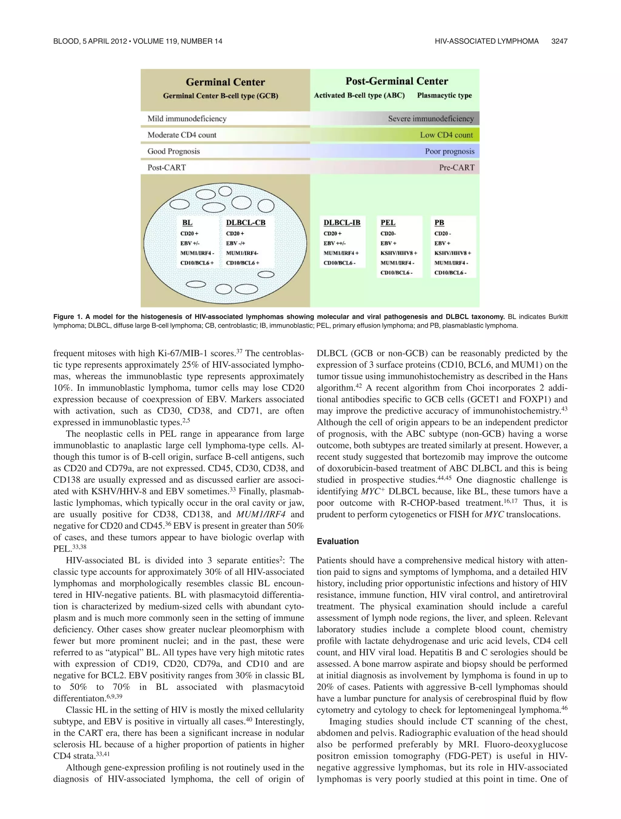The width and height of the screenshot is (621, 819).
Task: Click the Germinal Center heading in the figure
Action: (x=225, y=82)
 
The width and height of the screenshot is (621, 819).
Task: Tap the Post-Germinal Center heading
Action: (x=396, y=81)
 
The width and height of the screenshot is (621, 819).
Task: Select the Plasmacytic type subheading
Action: (x=444, y=95)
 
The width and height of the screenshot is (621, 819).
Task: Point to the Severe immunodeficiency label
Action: (x=430, y=119)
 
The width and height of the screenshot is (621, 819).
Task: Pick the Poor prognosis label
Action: (x=449, y=151)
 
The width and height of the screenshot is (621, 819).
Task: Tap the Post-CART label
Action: (x=166, y=167)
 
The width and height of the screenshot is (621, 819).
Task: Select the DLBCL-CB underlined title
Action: (x=245, y=223)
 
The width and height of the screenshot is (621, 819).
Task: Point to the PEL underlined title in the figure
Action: (x=388, y=223)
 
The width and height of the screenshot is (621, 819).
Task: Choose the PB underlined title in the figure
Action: (x=439, y=223)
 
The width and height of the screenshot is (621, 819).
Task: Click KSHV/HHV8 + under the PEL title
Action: (x=398, y=253)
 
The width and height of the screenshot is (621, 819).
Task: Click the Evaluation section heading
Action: (x=337, y=541)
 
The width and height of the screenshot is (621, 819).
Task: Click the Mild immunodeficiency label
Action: (x=187, y=119)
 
